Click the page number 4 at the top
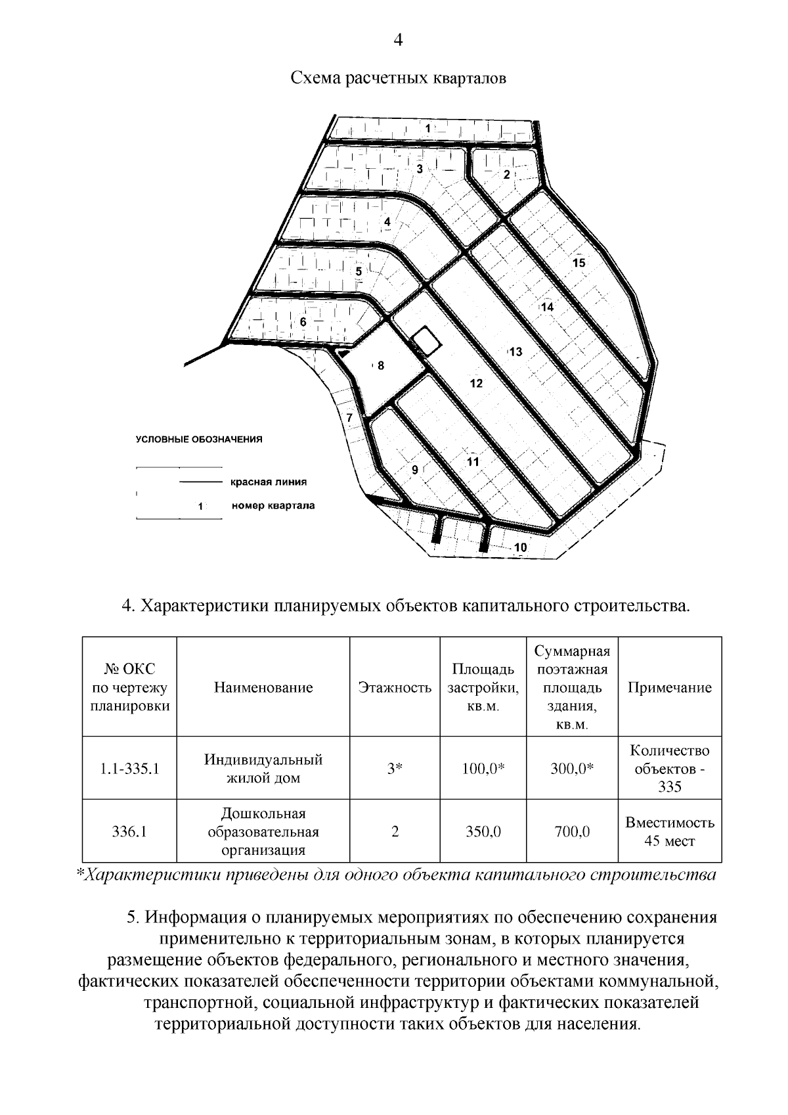[397, 41]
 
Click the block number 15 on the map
[579, 263]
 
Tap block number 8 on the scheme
[380, 365]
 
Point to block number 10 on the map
[520, 547]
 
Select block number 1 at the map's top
[427, 129]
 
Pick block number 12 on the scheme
[476, 383]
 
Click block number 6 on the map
[303, 322]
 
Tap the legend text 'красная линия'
[268, 482]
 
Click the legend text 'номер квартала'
[273, 506]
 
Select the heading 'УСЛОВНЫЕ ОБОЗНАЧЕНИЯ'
[199, 440]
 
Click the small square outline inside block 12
[426, 341]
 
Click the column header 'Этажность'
[395, 688]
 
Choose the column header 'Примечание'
[669, 688]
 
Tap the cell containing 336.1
[129, 832]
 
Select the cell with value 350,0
[483, 832]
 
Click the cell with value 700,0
[571, 832]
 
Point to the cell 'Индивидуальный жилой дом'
[263, 769]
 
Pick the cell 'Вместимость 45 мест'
[669, 832]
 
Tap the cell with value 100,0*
[483, 769]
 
